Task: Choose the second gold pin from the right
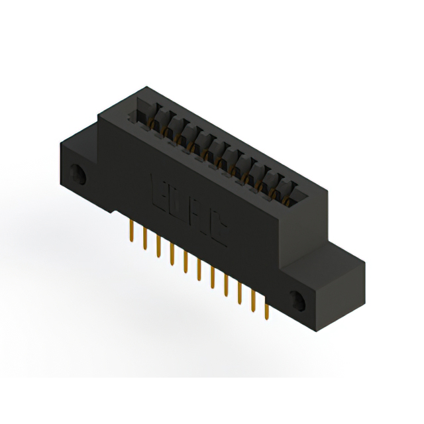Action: (x=253, y=301)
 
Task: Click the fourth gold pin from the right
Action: (x=226, y=286)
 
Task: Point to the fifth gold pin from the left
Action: (x=185, y=263)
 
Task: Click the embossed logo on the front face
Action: (x=188, y=205)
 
